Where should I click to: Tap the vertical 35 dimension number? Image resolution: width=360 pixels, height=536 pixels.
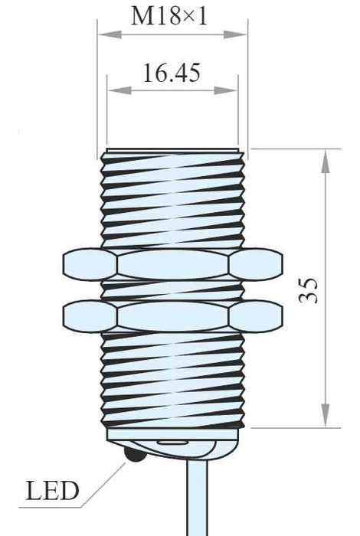308,289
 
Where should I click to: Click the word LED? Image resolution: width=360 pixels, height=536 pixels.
53,491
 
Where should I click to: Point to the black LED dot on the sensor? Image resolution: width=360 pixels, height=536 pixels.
133,456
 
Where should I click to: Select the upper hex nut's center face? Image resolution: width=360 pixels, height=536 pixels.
172,265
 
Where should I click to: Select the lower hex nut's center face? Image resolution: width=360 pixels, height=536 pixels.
172,315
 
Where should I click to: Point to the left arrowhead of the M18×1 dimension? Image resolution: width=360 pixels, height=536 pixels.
104,34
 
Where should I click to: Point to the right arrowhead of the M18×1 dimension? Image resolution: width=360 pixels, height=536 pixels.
241,34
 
